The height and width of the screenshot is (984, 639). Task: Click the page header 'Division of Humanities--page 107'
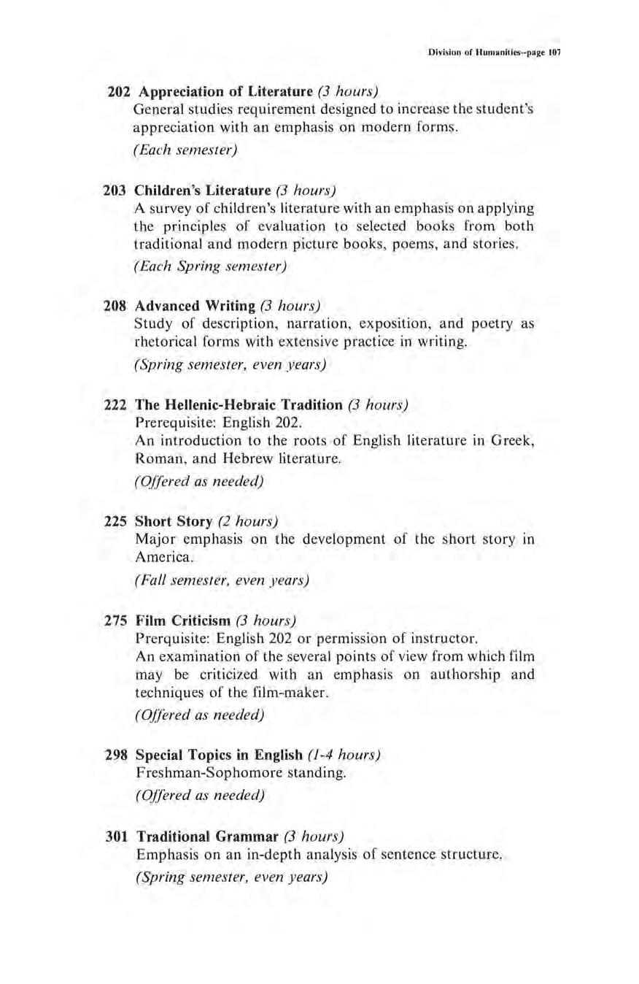[x=494, y=53]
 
